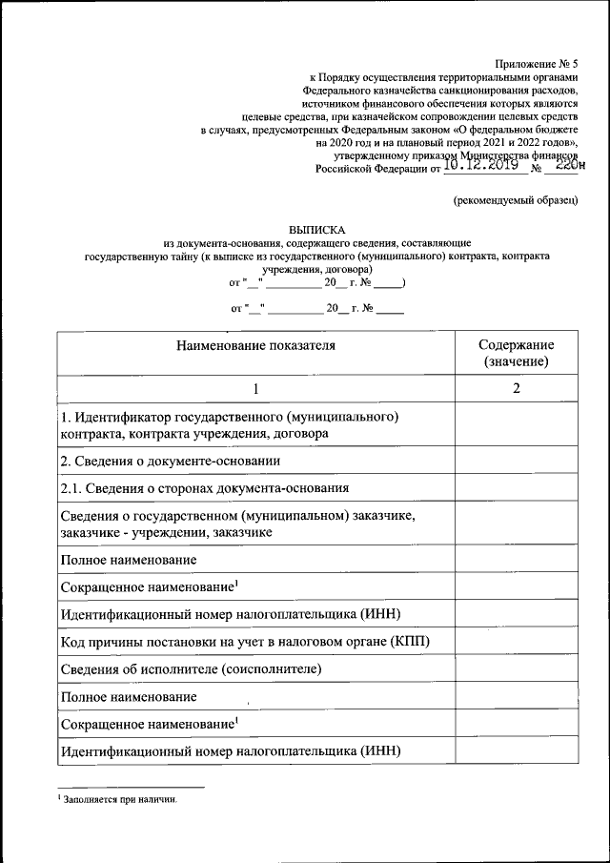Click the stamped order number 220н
(566, 165)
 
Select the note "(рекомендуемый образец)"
(515, 199)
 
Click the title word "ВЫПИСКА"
(315, 230)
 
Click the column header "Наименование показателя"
(255, 345)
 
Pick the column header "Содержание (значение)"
(516, 353)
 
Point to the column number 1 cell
(255, 389)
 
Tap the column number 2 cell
(516, 389)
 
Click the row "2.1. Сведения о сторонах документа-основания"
(204, 489)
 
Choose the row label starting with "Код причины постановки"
(245, 641)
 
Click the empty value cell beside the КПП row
(516, 641)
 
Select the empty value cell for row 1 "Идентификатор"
(516, 425)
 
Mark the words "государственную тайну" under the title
(144, 257)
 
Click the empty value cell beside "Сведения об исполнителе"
(516, 668)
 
